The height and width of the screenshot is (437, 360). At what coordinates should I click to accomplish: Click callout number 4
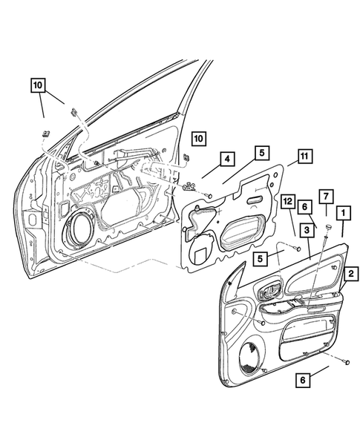pyautogui.click(x=227, y=159)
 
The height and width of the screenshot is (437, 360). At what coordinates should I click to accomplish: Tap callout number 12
pyautogui.click(x=288, y=201)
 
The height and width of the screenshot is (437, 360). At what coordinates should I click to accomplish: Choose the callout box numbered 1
pyautogui.click(x=344, y=213)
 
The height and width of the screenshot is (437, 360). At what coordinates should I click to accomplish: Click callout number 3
pyautogui.click(x=307, y=230)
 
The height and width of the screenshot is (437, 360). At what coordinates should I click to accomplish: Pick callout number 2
pyautogui.click(x=351, y=274)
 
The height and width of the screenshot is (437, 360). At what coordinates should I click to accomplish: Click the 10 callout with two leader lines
pyautogui.click(x=38, y=85)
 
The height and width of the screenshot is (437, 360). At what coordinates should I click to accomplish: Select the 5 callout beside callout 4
pyautogui.click(x=262, y=153)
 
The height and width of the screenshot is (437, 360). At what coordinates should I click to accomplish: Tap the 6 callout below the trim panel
pyautogui.click(x=303, y=380)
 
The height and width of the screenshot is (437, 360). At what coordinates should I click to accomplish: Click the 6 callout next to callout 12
pyautogui.click(x=304, y=207)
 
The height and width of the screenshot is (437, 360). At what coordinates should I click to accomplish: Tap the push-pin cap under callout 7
pyautogui.click(x=329, y=226)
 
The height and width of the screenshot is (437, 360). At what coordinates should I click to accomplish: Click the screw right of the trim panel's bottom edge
pyautogui.click(x=347, y=362)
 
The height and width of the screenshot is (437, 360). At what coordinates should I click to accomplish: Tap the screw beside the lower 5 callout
pyautogui.click(x=298, y=248)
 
